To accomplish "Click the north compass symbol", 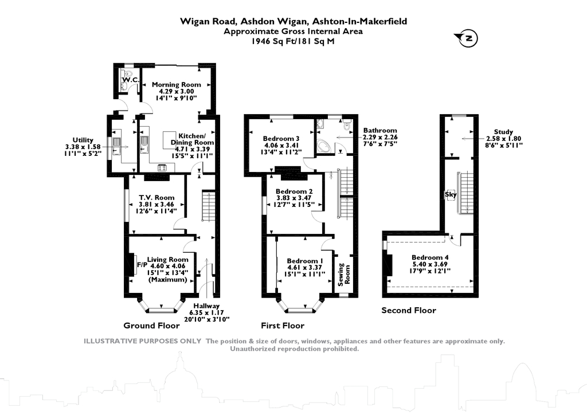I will (467, 39).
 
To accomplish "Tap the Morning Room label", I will (177, 84).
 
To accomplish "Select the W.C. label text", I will (131, 80).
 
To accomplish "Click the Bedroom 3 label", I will (281, 138).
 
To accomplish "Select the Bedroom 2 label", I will (294, 191).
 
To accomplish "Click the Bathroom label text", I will (379, 131).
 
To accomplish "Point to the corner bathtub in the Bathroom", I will (324, 146).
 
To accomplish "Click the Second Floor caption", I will (409, 311).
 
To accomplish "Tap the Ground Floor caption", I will (156, 326).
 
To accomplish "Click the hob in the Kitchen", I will (163, 168).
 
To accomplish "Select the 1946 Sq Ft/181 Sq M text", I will (293, 41).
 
